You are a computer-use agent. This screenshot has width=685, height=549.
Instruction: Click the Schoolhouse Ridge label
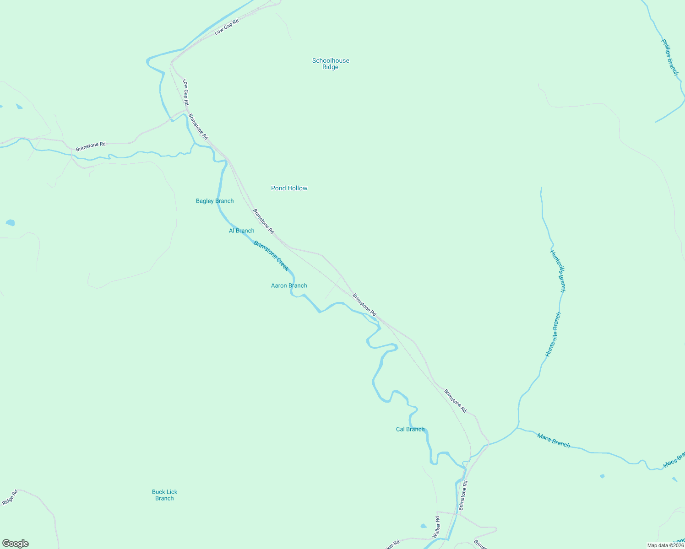[x=331, y=64]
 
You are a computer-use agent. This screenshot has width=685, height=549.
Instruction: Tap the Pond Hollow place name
[x=289, y=188]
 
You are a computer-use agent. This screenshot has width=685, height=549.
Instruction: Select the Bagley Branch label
[x=215, y=201]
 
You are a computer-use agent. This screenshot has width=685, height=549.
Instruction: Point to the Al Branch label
[x=241, y=231]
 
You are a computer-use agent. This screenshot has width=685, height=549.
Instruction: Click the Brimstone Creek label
[x=271, y=256]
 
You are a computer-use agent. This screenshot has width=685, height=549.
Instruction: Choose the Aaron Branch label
[x=289, y=285]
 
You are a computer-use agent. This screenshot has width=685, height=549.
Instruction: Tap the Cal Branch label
[x=410, y=429]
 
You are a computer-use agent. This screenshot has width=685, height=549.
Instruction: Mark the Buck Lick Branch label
[x=164, y=495]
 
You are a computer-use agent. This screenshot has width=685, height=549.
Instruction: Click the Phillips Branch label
[x=670, y=57]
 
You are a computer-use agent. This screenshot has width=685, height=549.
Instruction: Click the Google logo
[x=16, y=544]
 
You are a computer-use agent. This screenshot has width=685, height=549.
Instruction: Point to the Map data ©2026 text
[x=665, y=545]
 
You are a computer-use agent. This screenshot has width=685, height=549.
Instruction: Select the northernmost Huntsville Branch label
[x=558, y=271]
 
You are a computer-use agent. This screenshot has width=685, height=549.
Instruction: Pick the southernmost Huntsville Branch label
[x=553, y=334]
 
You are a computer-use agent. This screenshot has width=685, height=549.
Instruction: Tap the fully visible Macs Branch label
[x=554, y=441]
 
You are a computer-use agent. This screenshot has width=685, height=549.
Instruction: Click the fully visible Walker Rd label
[x=436, y=527]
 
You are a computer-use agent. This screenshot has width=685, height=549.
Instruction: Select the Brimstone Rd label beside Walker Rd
[x=463, y=495]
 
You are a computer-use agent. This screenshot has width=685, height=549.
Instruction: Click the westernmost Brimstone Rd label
[x=91, y=146]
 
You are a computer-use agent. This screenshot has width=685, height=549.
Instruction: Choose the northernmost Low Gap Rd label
[x=227, y=27]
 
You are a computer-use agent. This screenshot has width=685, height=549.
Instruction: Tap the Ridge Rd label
[x=10, y=498]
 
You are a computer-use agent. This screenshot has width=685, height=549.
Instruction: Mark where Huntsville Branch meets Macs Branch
[x=518, y=428]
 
